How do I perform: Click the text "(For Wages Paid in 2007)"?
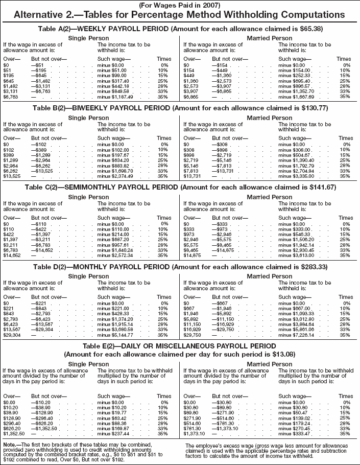[180, 5]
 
